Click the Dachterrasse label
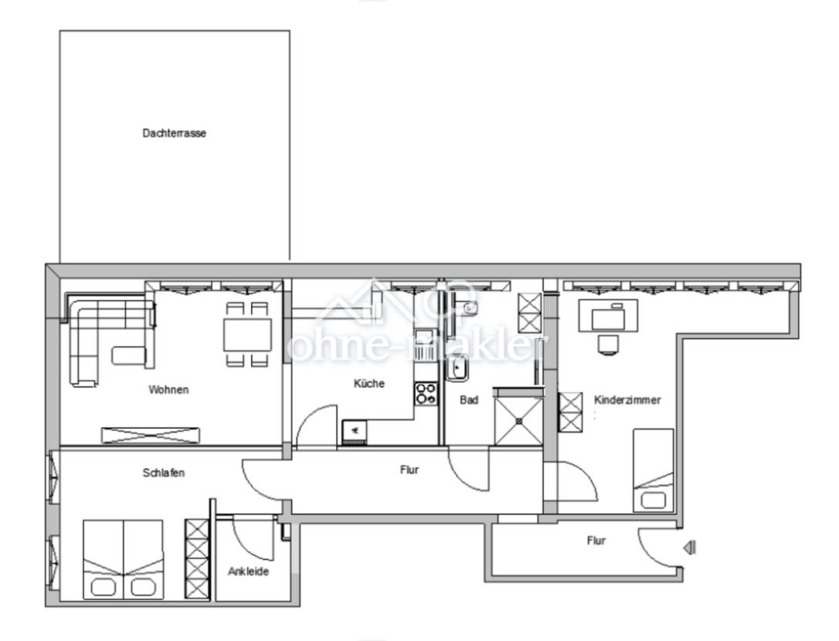[x=174, y=133]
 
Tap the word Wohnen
[x=168, y=390]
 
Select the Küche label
[x=369, y=384]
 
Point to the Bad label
[x=469, y=400]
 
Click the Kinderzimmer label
[x=627, y=400]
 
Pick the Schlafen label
[x=164, y=473]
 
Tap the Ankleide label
[x=248, y=572]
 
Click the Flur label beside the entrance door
[x=596, y=541]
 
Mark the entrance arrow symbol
[x=690, y=548]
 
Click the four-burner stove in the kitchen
[x=426, y=394]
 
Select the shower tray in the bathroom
[x=518, y=421]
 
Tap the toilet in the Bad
[x=469, y=308]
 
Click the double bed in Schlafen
[x=123, y=559]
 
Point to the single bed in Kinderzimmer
[x=654, y=470]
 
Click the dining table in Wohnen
[x=247, y=334]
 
